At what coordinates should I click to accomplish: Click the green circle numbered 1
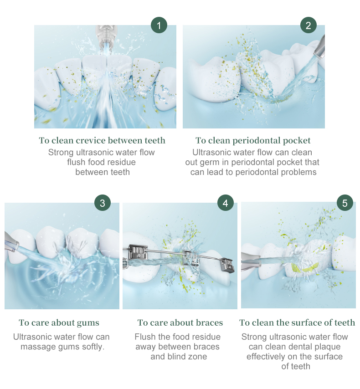tap(159, 26)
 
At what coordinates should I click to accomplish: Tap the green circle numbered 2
tap(309, 26)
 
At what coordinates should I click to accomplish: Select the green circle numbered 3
tap(103, 203)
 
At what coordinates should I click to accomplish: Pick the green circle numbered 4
tap(225, 203)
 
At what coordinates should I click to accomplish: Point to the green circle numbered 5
tap(345, 203)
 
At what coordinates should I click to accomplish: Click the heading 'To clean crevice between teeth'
tap(102, 140)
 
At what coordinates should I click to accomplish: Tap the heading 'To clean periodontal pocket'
tap(253, 140)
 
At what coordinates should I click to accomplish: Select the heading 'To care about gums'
tap(59, 323)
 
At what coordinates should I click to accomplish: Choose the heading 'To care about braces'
tap(180, 323)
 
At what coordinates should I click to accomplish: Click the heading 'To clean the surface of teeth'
tap(297, 323)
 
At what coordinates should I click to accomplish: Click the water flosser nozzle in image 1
tap(106, 34)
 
